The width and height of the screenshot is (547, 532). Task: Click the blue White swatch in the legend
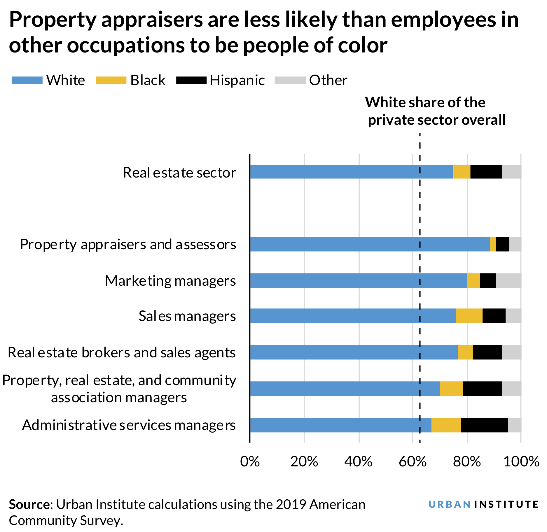[x=27, y=80]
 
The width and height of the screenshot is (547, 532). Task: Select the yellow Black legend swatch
[x=111, y=80]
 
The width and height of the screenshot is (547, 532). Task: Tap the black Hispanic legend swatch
[x=191, y=80]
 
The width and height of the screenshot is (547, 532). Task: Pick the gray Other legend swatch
[x=290, y=80]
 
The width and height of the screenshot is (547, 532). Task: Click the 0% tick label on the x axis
[x=250, y=461]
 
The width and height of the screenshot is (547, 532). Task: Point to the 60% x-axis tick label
[x=413, y=461]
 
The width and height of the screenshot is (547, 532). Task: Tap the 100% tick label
[x=521, y=461]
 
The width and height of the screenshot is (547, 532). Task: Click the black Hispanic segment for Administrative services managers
[x=484, y=425]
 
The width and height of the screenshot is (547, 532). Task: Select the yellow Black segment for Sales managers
[x=469, y=316]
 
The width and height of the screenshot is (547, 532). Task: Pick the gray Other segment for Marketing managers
[x=508, y=280]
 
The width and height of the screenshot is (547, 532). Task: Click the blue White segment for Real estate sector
[x=352, y=172]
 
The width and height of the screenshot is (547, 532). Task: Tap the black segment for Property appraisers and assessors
[x=502, y=244]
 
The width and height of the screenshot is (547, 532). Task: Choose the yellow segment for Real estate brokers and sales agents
[x=465, y=352]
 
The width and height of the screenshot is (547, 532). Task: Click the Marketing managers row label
[x=170, y=281]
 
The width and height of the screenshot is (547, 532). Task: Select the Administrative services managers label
[x=129, y=425]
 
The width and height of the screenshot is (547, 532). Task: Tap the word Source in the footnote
[x=29, y=504]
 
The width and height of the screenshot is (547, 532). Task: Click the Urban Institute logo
[x=483, y=504]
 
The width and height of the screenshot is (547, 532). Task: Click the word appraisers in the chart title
[x=152, y=20]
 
